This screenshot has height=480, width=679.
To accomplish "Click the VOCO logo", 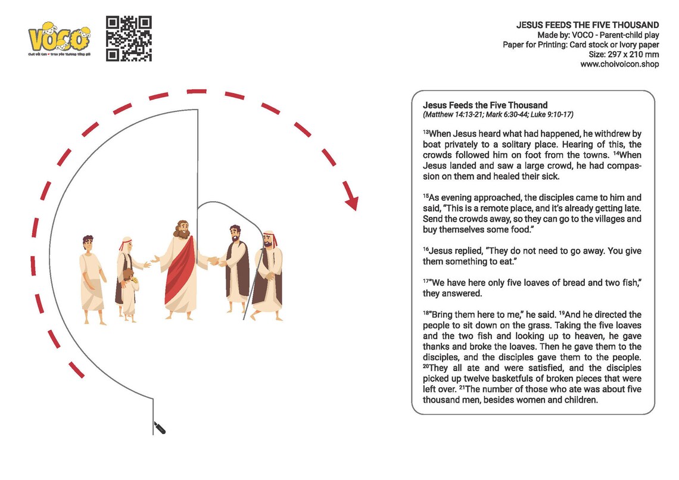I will [x=60, y=39].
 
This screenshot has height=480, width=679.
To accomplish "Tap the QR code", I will [x=129, y=39].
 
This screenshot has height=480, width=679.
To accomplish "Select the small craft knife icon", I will [x=160, y=427].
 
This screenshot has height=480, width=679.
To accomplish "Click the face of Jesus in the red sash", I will [x=180, y=230].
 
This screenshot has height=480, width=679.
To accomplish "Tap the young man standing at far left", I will [x=91, y=277].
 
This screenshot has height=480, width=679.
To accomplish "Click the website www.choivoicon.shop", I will [x=619, y=64].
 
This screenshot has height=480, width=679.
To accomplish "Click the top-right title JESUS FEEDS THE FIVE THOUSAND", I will [x=587, y=25].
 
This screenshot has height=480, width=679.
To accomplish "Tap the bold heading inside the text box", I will [x=485, y=105].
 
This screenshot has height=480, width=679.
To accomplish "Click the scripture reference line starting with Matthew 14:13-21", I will [x=498, y=114].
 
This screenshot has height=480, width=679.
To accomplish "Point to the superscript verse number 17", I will [x=426, y=280].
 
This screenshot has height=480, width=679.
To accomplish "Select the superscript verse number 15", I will [x=426, y=195].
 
